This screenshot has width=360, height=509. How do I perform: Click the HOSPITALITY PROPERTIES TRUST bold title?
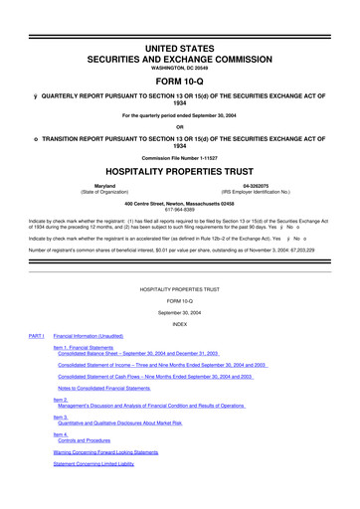click(x=180, y=170)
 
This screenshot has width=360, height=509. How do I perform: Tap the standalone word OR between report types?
click(x=180, y=125)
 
